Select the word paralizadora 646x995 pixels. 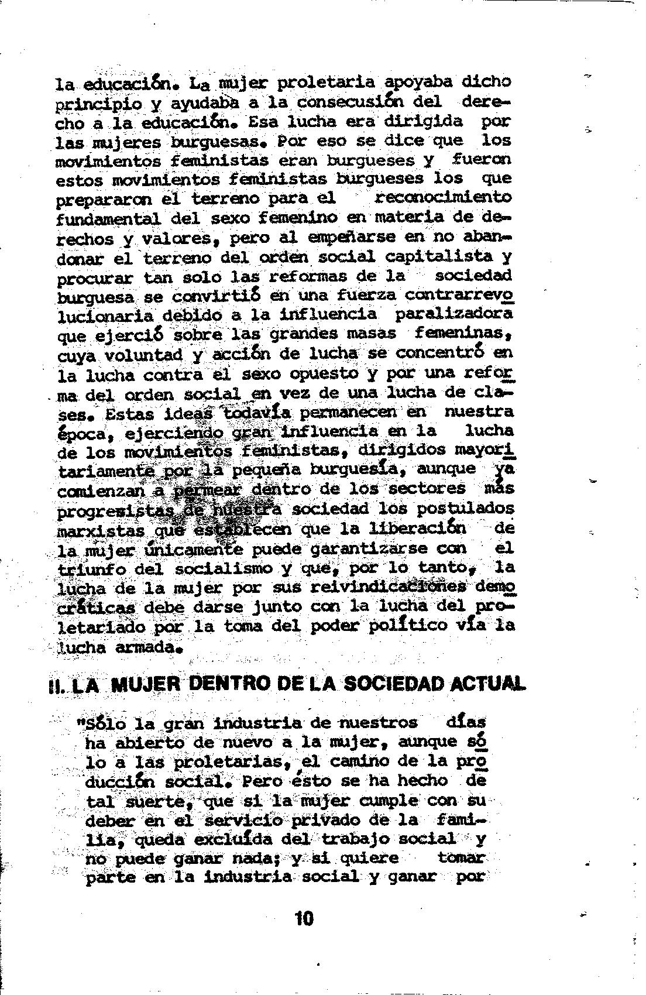[x=453, y=314]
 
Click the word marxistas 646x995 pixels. [x=102, y=530]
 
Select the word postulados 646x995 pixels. [x=466, y=508]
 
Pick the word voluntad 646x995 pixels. [x=143, y=355]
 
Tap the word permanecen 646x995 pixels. [x=349, y=412]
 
